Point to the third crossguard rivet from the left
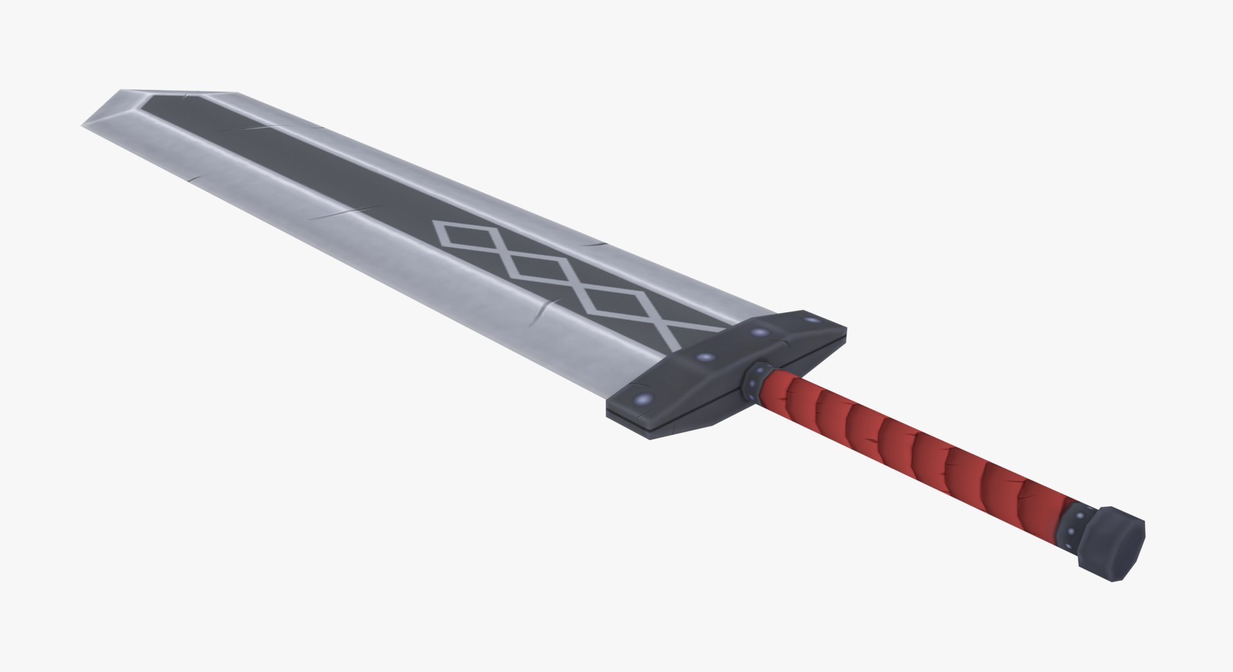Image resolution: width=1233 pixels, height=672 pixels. pyautogui.click(x=761, y=333)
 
